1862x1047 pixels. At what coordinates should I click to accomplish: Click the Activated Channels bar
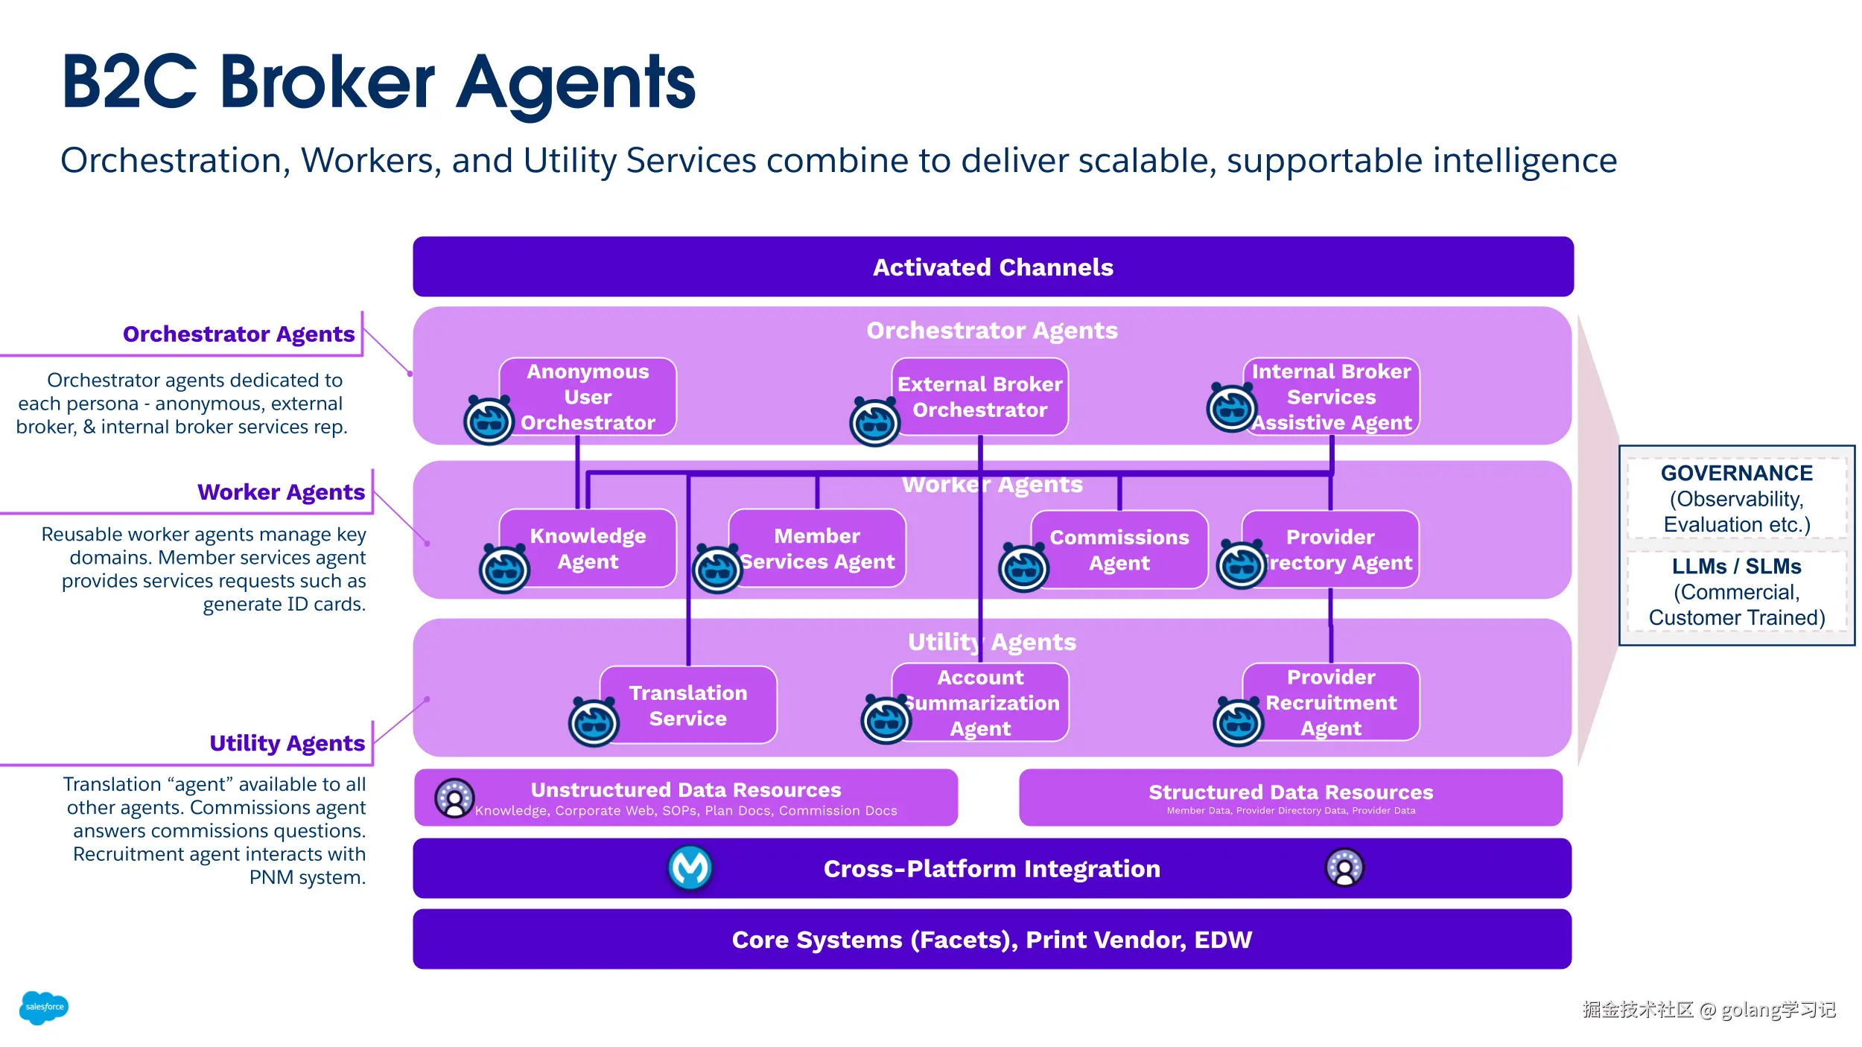[993, 267]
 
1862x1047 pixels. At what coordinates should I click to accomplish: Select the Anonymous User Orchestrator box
[588, 396]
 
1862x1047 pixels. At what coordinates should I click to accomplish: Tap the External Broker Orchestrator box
[980, 396]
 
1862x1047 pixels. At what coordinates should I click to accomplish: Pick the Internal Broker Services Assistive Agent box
[1332, 396]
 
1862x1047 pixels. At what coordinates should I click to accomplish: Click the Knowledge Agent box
[588, 548]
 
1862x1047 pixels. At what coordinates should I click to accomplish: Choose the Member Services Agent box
[818, 548]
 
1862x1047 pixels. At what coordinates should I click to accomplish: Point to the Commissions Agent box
[1119, 550]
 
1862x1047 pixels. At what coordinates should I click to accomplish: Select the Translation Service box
[688, 704]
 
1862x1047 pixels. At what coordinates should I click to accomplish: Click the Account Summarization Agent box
[980, 702]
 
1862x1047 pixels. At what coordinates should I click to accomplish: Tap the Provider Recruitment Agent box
[1332, 702]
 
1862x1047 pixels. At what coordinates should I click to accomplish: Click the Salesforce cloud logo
[44, 1007]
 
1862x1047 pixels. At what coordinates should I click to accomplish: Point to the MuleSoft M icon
[690, 868]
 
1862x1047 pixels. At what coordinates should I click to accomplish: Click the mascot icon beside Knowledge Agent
[504, 570]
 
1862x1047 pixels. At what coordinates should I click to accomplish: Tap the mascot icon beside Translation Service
[594, 722]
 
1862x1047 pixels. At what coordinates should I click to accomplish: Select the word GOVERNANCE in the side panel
[1737, 474]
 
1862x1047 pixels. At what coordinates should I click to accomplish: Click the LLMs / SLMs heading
[1737, 567]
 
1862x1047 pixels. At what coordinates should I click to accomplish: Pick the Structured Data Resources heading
[1291, 792]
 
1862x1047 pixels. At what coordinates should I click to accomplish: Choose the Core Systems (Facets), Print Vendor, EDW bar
[992, 939]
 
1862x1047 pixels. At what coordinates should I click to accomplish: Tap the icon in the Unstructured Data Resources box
[454, 798]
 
